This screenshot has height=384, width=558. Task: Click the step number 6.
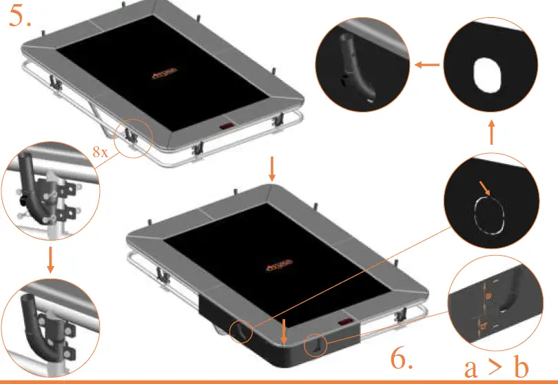[x=402, y=359]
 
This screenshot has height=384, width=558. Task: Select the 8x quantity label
[x=100, y=152]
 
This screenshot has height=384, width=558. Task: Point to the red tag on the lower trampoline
[x=344, y=323]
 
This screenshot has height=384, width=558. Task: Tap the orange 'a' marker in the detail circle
[x=488, y=295]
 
